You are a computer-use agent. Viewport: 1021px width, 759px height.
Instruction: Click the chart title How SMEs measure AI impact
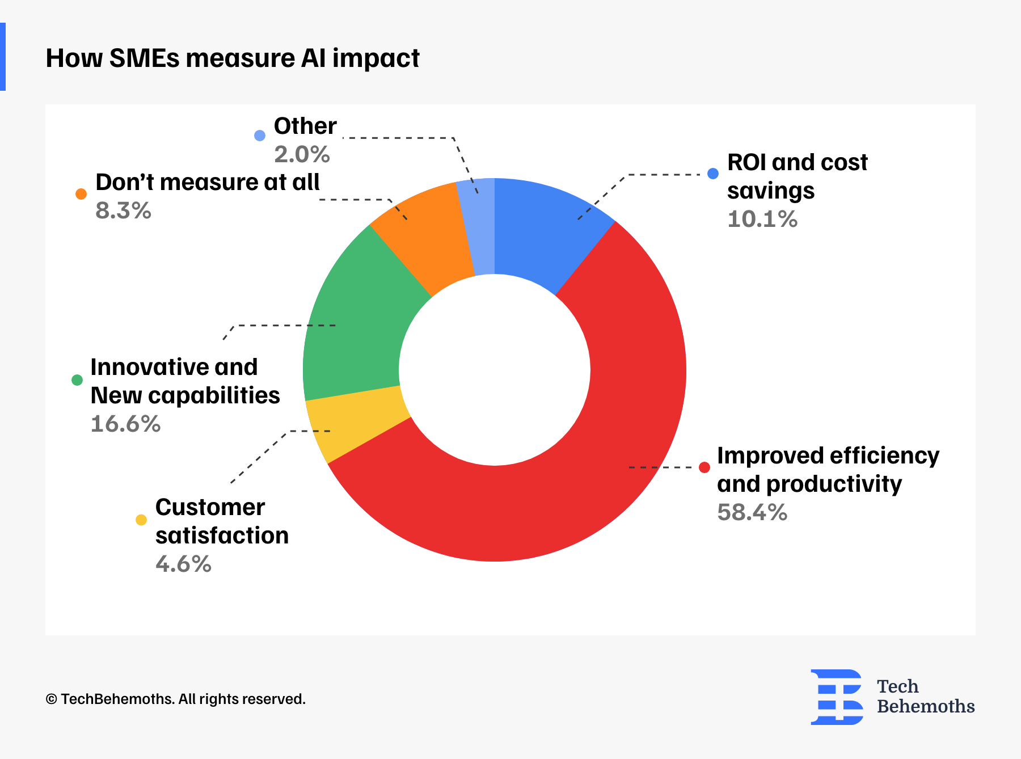tap(233, 58)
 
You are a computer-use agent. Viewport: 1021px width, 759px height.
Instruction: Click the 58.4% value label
tap(752, 513)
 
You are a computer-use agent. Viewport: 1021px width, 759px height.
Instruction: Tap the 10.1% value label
tap(762, 220)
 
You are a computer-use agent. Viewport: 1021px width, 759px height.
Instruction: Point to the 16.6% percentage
tap(125, 424)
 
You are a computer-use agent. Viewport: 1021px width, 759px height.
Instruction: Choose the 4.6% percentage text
tap(183, 564)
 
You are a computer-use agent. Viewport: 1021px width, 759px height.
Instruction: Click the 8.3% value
tap(123, 211)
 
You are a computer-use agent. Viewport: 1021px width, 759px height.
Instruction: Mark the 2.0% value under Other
tap(302, 155)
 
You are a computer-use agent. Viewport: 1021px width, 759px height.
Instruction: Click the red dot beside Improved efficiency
tap(704, 467)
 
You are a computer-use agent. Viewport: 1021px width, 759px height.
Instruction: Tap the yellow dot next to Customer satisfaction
tap(141, 520)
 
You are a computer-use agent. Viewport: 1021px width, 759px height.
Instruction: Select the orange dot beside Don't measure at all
tap(81, 194)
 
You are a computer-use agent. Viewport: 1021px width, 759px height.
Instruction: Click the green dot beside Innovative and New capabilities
tap(77, 380)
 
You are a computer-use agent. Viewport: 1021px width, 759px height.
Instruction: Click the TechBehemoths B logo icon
tap(837, 697)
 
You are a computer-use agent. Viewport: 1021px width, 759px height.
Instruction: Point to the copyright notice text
tap(175, 699)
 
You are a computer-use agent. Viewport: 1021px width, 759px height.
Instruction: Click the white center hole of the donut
tap(495, 370)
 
